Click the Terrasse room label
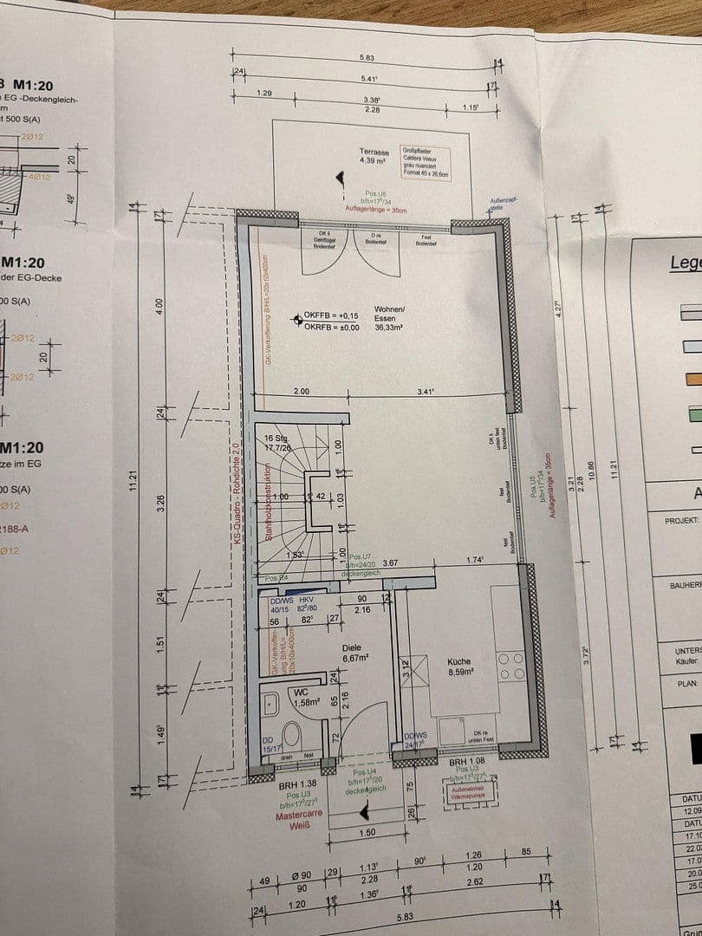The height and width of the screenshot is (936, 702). coord(374,153)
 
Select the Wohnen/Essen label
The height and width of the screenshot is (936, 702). coord(390,313)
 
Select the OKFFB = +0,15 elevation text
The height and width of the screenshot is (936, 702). coord(330,316)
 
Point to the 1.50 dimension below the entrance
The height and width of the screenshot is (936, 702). coord(367,832)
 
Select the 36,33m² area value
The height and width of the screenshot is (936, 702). coord(391,328)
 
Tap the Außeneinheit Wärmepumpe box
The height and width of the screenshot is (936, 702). coord(467,790)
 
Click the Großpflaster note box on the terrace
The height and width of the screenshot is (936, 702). coord(425,162)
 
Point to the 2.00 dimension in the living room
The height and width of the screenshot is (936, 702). coord(302,392)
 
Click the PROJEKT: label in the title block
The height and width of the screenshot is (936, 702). coord(681,521)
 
